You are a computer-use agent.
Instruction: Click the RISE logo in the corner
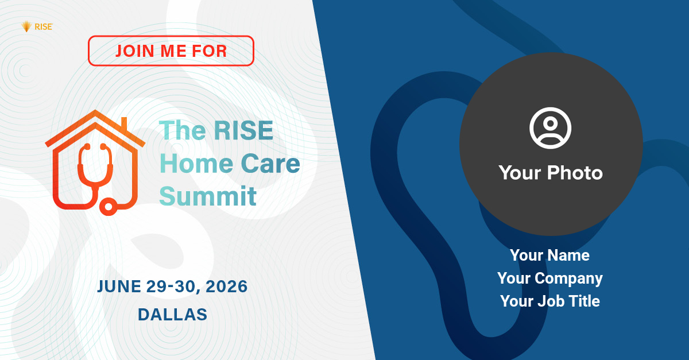tap(37, 27)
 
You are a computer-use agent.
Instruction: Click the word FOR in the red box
tap(209, 51)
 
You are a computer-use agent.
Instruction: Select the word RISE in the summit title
tap(243, 130)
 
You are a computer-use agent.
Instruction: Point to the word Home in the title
tap(196, 164)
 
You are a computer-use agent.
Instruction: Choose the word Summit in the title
tap(208, 196)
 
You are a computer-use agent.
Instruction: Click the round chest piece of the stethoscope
tap(109, 207)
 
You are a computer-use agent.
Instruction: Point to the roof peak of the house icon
tap(95, 111)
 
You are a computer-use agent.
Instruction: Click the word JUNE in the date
tap(119, 287)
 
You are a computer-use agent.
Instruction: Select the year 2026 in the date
tap(226, 287)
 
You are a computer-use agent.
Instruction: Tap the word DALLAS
tap(172, 315)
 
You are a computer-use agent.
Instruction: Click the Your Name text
tap(549, 255)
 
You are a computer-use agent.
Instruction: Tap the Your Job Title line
tap(550, 301)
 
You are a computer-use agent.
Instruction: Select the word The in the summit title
tap(183, 130)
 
